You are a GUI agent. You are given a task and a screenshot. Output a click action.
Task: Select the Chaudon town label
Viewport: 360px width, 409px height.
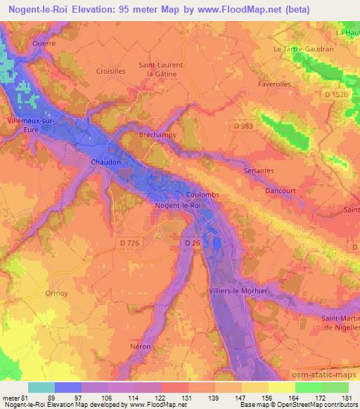(106, 162)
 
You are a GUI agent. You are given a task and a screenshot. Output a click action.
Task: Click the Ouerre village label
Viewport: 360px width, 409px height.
(44, 42)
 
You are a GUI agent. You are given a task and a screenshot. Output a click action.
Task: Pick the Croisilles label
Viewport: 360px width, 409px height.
(111, 71)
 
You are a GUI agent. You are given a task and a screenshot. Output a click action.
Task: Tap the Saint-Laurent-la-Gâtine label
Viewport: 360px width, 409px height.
(162, 69)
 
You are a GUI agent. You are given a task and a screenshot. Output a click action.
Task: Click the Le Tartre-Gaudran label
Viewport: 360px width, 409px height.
(303, 49)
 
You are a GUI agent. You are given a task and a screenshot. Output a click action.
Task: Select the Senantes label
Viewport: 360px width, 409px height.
(258, 171)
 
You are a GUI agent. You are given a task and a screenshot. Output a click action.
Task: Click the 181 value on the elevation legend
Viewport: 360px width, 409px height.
(347, 397)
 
